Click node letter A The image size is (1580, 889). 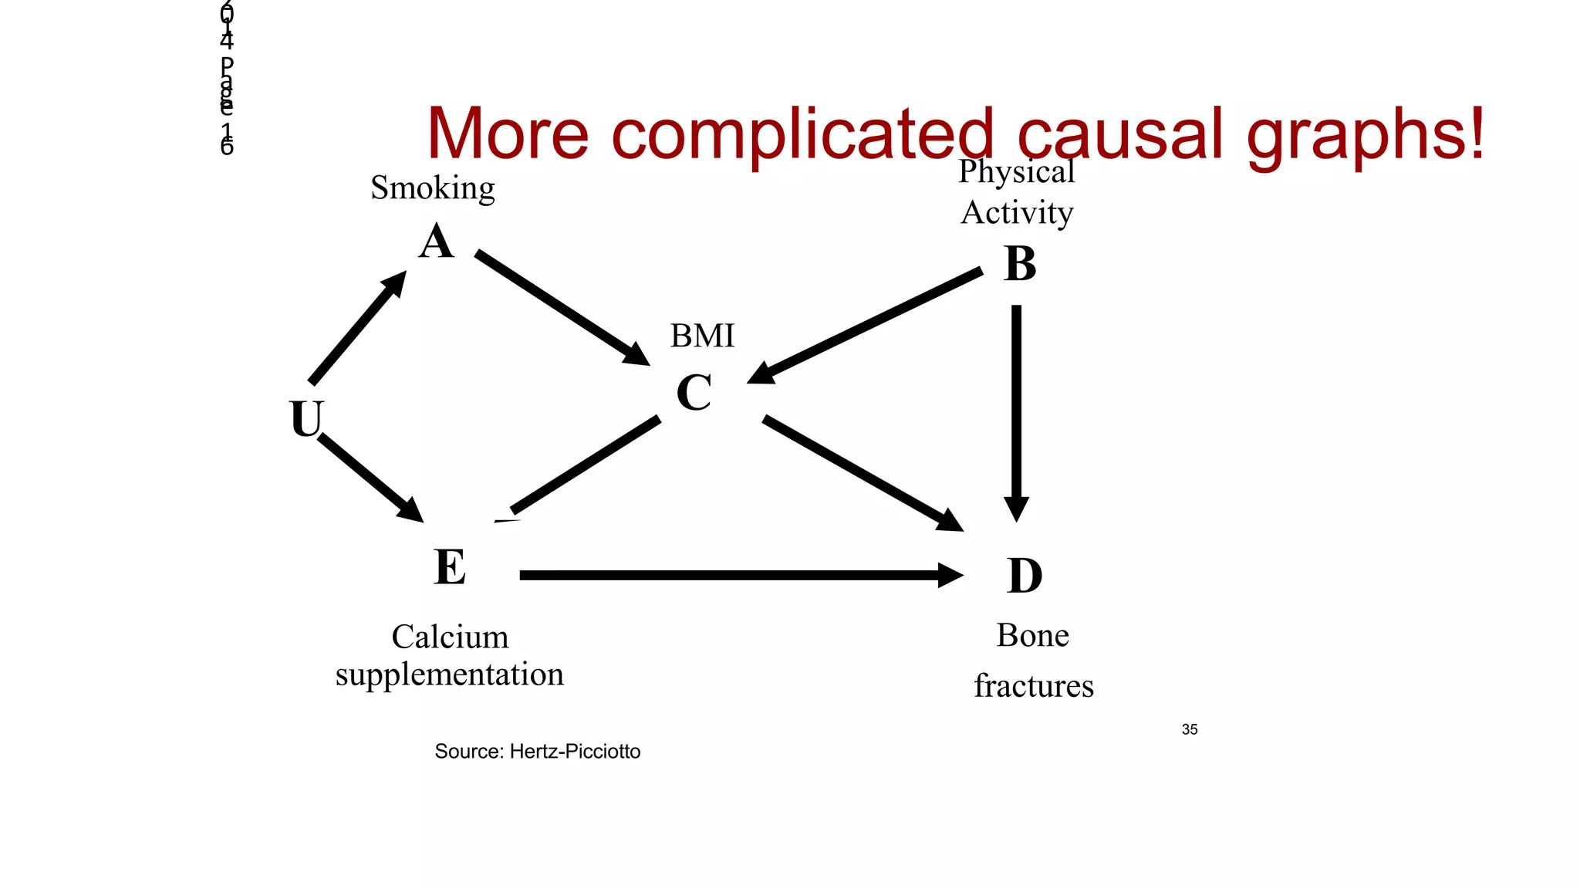436,242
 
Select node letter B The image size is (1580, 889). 1020,265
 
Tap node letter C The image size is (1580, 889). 694,393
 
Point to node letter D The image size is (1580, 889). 1025,576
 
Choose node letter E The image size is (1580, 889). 450,567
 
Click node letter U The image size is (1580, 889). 306,419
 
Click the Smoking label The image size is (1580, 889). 432,188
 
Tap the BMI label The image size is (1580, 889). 702,336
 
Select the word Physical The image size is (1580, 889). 1016,171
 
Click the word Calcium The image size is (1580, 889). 450,637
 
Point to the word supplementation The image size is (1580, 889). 450,674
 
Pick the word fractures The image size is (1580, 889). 1033,686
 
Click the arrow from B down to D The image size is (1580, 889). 1016,409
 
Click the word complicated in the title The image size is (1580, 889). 802,134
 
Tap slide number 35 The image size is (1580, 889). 1189,729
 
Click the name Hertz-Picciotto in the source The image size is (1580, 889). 575,752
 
